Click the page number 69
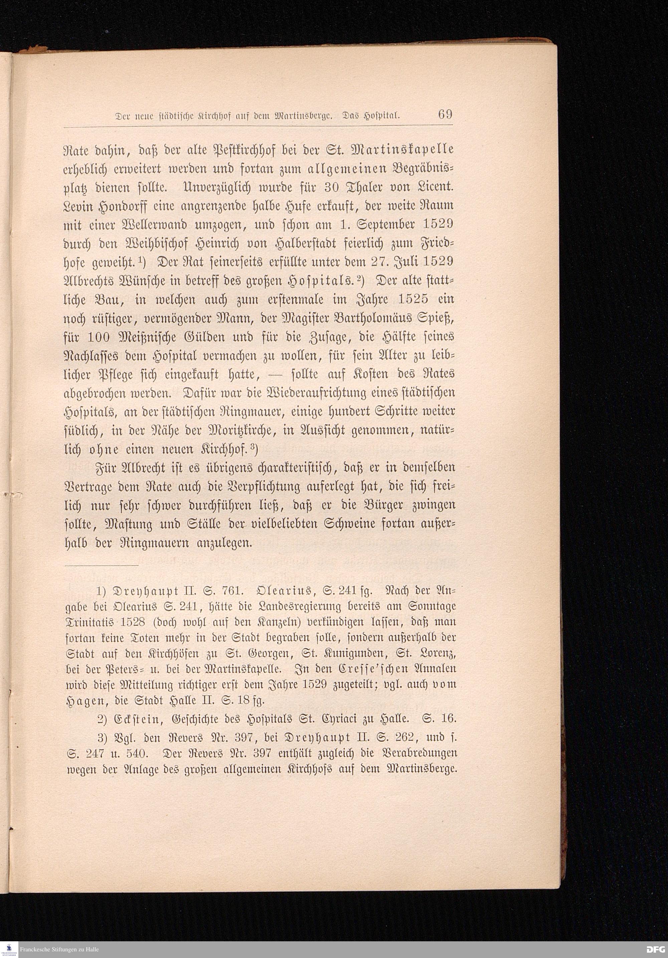pyautogui.click(x=445, y=114)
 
